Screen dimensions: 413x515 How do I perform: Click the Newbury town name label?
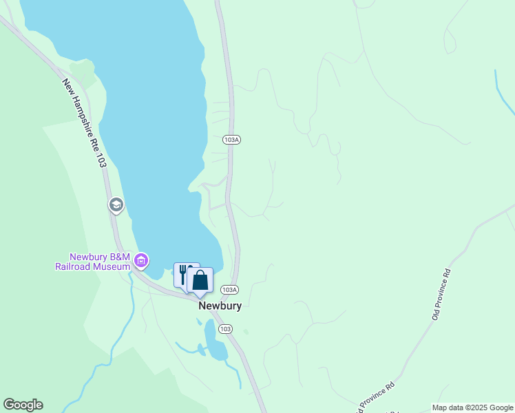pyautogui.click(x=220, y=306)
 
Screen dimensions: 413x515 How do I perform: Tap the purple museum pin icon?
pyautogui.click(x=141, y=261)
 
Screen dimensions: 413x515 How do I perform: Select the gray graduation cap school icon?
pyautogui.click(x=116, y=204)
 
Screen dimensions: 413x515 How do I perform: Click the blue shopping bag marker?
pyautogui.click(x=200, y=280)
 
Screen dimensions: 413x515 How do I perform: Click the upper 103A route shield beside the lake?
pyautogui.click(x=231, y=140)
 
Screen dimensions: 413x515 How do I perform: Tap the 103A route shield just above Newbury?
pyautogui.click(x=231, y=290)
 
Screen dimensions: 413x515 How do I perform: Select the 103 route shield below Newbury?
pyautogui.click(x=225, y=329)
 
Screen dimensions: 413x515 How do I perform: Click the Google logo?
pyautogui.click(x=23, y=405)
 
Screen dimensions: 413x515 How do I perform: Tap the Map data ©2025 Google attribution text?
pyautogui.click(x=472, y=407)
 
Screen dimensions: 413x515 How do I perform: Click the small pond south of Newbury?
pyautogui.click(x=214, y=341)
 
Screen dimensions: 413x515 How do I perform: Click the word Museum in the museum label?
pyautogui.click(x=114, y=267)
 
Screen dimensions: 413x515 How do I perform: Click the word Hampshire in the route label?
pyautogui.click(x=83, y=117)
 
